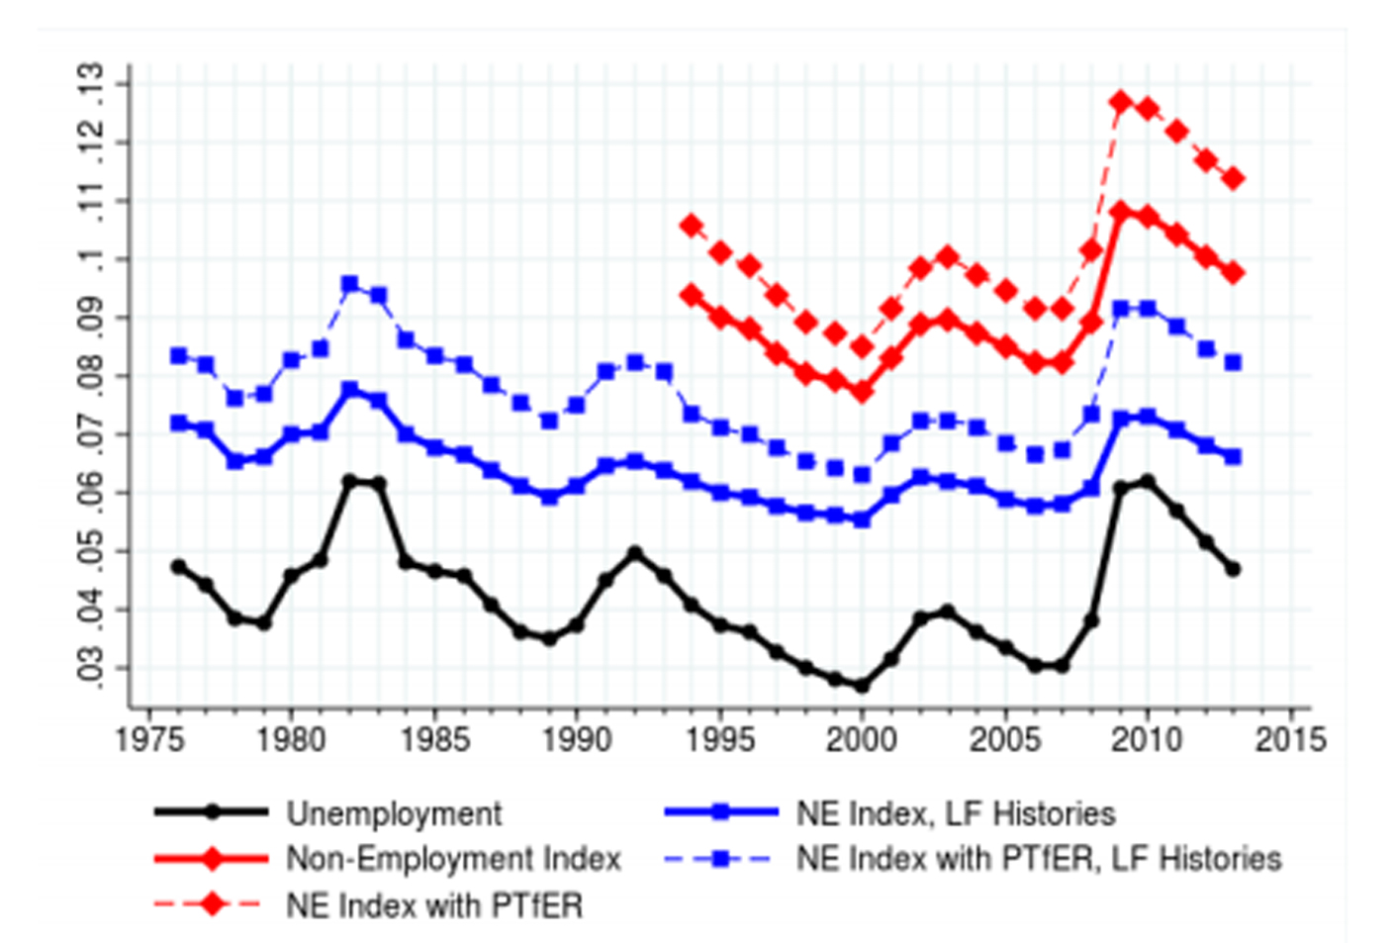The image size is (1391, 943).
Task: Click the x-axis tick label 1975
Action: coord(148,740)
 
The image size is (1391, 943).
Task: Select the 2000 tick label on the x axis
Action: coord(862,740)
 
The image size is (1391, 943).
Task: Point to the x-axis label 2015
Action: coord(1290,740)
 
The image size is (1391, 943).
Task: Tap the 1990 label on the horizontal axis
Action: coord(576,740)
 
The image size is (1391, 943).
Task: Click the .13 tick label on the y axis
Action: coord(90,84)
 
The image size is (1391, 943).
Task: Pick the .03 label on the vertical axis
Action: coord(90,668)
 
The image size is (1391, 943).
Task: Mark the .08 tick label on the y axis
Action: coord(90,376)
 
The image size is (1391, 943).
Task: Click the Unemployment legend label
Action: coord(394,813)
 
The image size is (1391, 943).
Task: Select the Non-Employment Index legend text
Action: coord(453,858)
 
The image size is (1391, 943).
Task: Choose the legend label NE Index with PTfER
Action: coord(434,904)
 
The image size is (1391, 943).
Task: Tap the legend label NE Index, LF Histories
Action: coord(956,813)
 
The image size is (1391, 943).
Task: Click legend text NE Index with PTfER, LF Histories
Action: coord(1039,858)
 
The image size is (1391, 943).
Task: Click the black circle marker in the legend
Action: coord(211,812)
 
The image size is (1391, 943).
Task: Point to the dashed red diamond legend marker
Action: coord(211,903)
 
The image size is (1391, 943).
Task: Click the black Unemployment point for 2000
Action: coord(861,685)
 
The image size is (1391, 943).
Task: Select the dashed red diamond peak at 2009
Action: coord(1120,102)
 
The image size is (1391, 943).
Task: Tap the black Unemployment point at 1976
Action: coord(178,567)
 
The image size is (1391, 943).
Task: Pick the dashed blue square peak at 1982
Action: coord(349,284)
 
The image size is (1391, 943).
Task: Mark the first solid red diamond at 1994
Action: coord(691,296)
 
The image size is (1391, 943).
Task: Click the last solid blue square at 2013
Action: coord(1233,456)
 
